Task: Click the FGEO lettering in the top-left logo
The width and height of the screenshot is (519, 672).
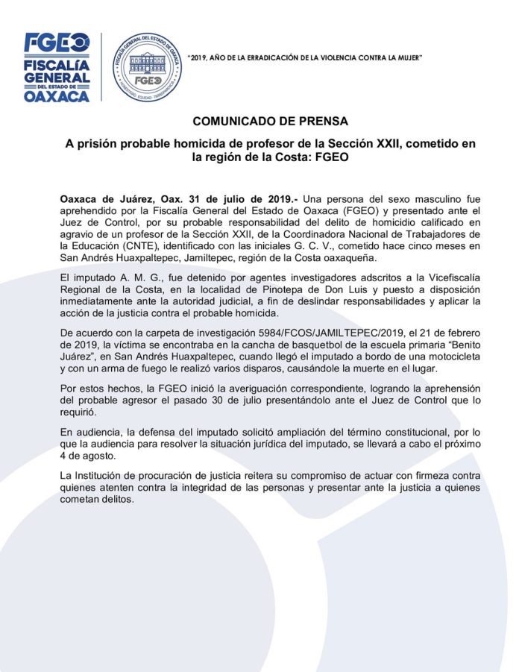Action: pyautogui.click(x=56, y=43)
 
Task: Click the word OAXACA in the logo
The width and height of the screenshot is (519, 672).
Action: pyautogui.click(x=56, y=95)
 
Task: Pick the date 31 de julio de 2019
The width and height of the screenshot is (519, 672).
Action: pyautogui.click(x=218, y=200)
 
